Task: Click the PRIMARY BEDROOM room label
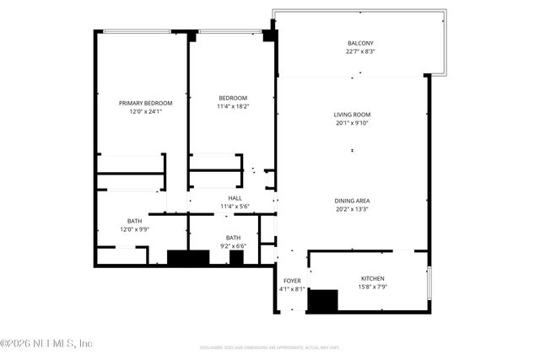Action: (x=142, y=103)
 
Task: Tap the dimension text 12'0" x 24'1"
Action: (x=142, y=111)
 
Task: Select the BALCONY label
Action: (x=360, y=44)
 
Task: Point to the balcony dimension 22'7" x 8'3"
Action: (x=360, y=52)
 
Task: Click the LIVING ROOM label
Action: (x=352, y=115)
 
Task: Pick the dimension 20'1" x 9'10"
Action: (x=352, y=123)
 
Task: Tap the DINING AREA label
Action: (x=352, y=201)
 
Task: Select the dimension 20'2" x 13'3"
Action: (x=352, y=209)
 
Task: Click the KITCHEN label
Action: (x=373, y=278)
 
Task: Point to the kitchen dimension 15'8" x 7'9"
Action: (x=373, y=287)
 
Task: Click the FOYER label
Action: (x=292, y=281)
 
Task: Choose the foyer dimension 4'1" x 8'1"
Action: (x=292, y=289)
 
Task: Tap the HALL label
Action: (x=235, y=198)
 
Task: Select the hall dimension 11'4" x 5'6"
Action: (x=235, y=207)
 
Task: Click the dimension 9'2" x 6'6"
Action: (x=234, y=246)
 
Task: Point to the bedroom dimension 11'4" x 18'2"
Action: (x=234, y=106)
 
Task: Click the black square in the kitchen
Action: (x=321, y=301)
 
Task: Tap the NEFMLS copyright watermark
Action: (x=46, y=343)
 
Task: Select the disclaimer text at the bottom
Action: (x=270, y=347)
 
